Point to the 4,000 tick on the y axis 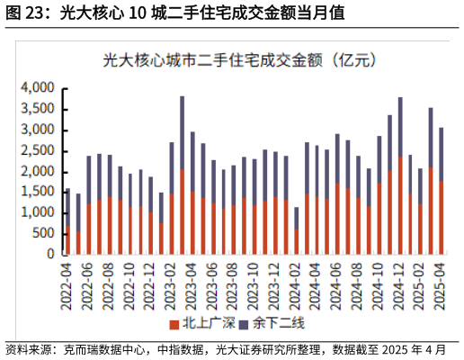pyautogui.click(x=38, y=88)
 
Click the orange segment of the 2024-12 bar pyautogui.click(x=400, y=207)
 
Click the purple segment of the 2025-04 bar pyautogui.click(x=441, y=154)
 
